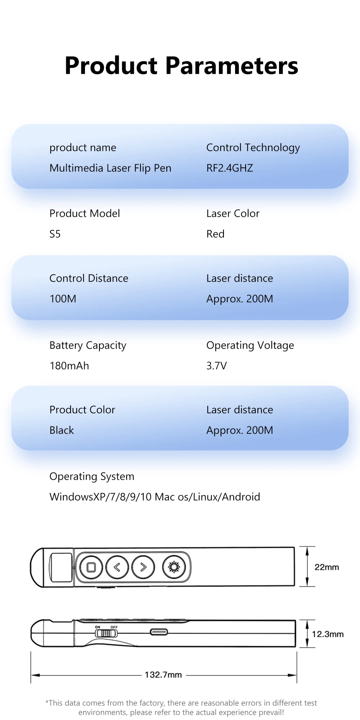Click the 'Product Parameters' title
coord(181,66)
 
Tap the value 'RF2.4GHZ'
coord(230,168)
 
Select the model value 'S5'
coord(55,234)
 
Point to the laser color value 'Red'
coord(215,234)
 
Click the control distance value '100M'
coord(63,299)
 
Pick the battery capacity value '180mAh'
coord(69,366)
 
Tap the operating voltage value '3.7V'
coord(216,366)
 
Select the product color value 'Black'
coord(62,430)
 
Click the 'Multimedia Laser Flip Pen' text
coord(110,168)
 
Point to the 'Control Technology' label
coord(253,148)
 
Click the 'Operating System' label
coord(92,477)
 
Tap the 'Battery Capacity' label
coord(88,345)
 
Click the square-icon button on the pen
coord(91,567)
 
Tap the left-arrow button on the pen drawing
coord(117,567)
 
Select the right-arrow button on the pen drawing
coord(143,567)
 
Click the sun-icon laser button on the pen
coord(174,567)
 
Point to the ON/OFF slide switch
coord(106,633)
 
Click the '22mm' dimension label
coord(327,567)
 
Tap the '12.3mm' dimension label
coord(328,634)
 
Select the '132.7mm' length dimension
coord(163,675)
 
